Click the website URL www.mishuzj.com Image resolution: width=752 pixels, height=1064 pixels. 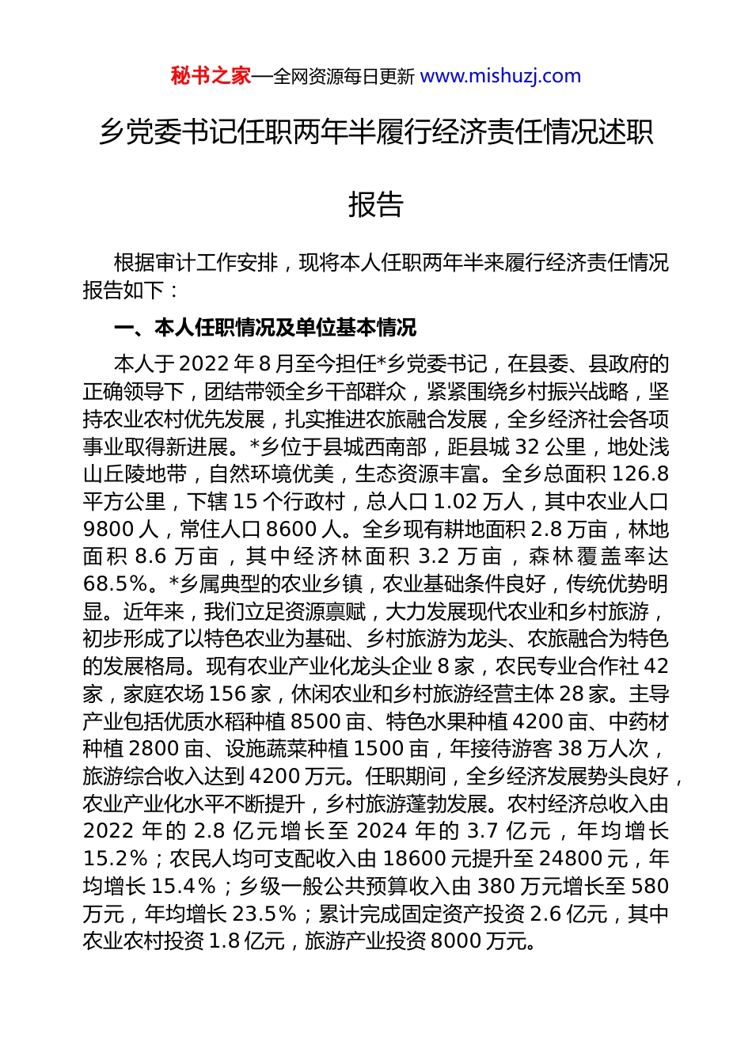click(500, 76)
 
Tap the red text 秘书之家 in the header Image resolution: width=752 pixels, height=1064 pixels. click(211, 76)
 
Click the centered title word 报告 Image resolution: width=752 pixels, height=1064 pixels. click(376, 204)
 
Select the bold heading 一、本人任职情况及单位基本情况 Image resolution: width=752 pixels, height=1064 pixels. click(265, 328)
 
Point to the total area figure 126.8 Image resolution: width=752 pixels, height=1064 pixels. click(641, 474)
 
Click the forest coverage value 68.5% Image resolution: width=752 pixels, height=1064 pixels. click(116, 584)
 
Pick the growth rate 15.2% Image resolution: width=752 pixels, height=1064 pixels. click(116, 859)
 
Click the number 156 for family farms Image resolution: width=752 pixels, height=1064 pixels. click(228, 694)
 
